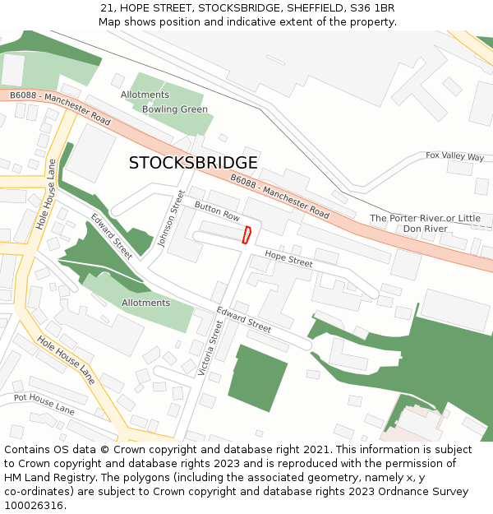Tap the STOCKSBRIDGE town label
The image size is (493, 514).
pyautogui.click(x=193, y=163)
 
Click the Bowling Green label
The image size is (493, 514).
pyautogui.click(x=175, y=109)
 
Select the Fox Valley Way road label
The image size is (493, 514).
pyautogui.click(x=454, y=155)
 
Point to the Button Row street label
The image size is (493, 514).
pyautogui.click(x=217, y=212)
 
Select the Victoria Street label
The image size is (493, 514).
pyautogui.click(x=211, y=348)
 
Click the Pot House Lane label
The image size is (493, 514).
pyautogui.click(x=44, y=404)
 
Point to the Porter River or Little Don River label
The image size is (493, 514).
pyautogui.click(x=425, y=223)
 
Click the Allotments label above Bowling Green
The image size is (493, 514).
pyautogui.click(x=145, y=95)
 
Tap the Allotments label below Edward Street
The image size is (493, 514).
pyautogui.click(x=145, y=303)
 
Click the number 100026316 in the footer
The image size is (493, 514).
pyautogui.click(x=33, y=505)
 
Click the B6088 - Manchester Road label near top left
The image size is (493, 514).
pyautogui.click(x=60, y=109)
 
